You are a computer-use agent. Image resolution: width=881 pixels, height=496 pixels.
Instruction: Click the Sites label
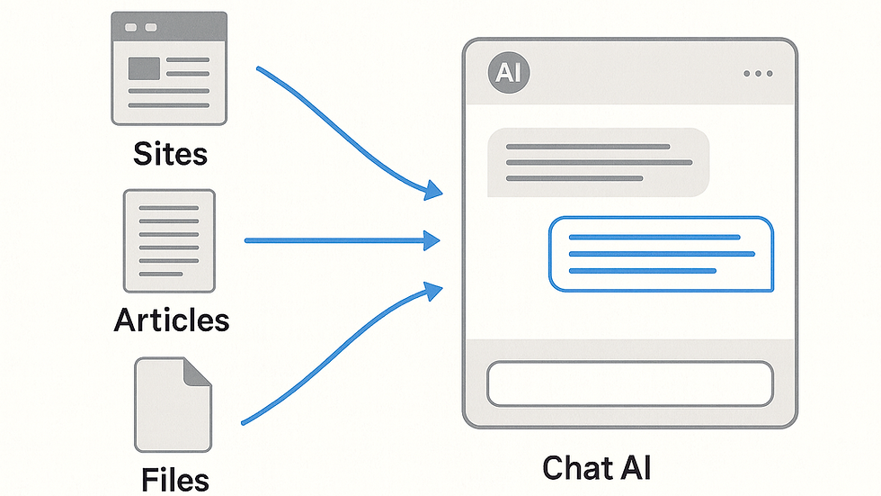(x=170, y=154)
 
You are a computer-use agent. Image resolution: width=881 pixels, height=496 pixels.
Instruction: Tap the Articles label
(x=172, y=320)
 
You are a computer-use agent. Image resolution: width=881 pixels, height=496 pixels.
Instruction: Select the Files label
(x=174, y=480)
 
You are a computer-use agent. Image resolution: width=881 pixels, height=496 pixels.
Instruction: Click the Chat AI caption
(x=596, y=468)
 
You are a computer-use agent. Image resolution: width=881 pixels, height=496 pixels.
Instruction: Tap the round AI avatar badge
(x=509, y=73)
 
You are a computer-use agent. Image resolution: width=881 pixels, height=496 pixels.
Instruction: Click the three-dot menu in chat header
(x=758, y=74)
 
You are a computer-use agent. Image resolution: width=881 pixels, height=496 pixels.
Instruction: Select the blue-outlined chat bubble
(x=662, y=254)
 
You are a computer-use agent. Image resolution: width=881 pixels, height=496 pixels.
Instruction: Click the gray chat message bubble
(x=599, y=163)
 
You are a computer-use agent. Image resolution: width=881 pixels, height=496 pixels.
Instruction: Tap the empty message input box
(x=630, y=383)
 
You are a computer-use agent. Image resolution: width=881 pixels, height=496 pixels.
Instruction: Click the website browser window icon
(x=169, y=68)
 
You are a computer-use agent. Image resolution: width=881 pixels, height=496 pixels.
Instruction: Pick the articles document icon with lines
(x=169, y=240)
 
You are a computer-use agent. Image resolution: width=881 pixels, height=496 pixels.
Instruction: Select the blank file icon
(x=173, y=405)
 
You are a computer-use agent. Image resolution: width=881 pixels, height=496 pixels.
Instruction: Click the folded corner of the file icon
(x=197, y=373)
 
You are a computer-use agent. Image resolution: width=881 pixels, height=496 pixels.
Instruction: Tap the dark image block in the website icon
(x=145, y=68)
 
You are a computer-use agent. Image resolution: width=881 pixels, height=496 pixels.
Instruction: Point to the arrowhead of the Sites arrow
(x=433, y=190)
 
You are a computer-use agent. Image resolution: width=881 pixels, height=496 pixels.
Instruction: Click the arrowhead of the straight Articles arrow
(x=432, y=240)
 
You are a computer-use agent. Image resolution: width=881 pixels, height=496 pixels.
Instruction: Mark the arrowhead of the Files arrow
(x=433, y=291)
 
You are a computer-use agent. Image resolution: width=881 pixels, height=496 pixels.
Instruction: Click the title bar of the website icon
(x=169, y=26)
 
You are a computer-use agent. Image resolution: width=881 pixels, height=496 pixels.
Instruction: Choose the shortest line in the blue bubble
(x=642, y=271)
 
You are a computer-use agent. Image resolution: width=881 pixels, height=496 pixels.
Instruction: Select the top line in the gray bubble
(x=588, y=147)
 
